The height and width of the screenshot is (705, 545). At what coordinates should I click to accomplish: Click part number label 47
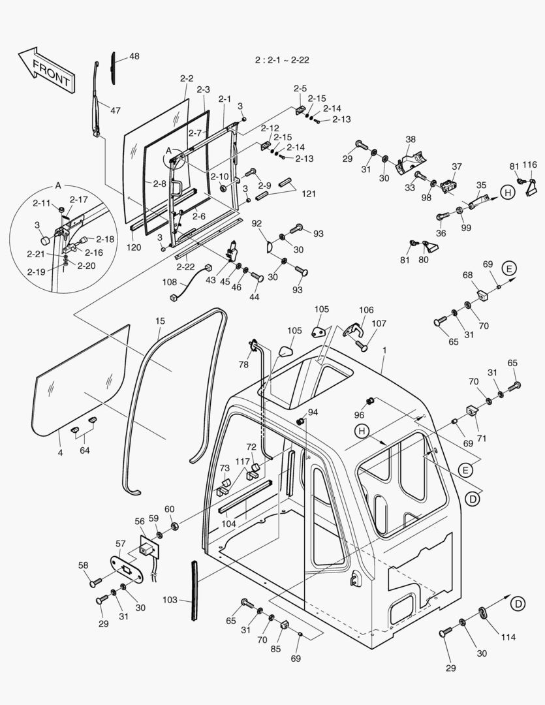[115, 111]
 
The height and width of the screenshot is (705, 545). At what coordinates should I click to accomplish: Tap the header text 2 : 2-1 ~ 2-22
[282, 60]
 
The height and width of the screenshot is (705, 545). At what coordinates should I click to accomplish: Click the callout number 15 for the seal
[161, 321]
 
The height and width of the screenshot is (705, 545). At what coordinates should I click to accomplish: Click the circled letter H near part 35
[507, 192]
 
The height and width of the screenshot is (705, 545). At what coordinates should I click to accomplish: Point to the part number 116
[529, 165]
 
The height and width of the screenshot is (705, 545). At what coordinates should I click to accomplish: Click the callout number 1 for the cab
[384, 351]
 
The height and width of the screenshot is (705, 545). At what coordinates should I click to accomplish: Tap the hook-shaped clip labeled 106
[353, 330]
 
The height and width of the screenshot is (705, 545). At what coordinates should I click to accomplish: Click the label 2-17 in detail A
[78, 199]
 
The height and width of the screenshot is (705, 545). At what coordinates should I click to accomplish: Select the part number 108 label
[169, 283]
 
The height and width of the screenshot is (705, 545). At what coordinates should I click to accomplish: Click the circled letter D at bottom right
[517, 604]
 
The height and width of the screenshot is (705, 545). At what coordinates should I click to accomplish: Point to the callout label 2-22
[185, 266]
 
